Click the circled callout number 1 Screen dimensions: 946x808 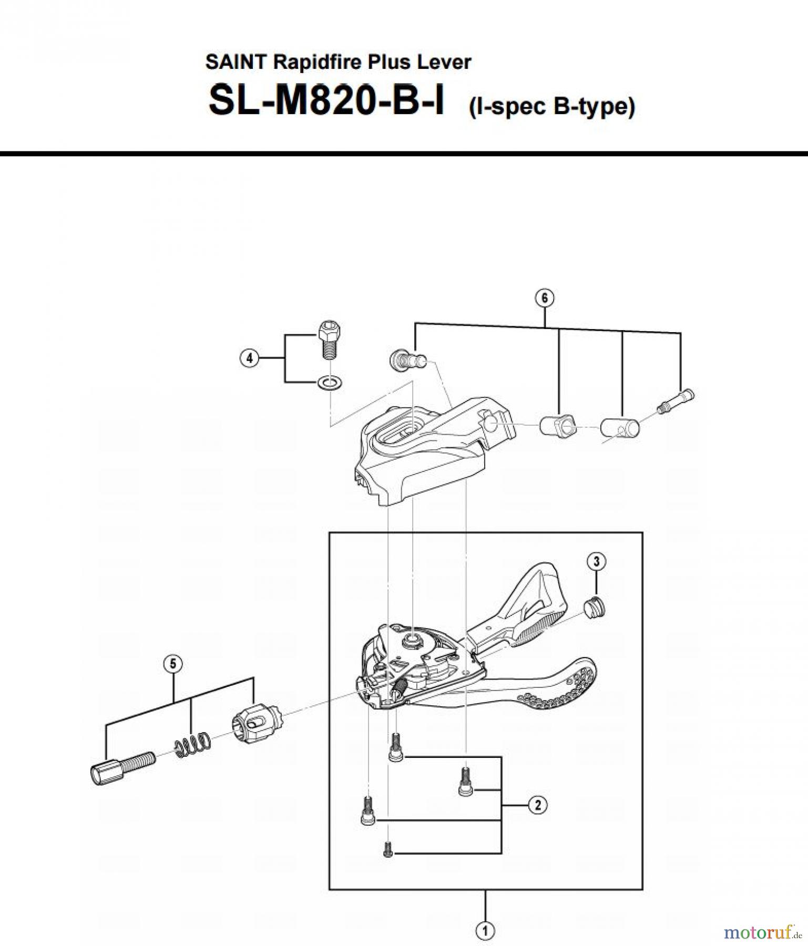tap(485, 931)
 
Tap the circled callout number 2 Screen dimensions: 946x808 tap(538, 805)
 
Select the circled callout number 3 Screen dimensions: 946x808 tap(596, 561)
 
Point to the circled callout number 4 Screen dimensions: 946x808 tap(249, 358)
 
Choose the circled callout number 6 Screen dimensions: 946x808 tap(544, 298)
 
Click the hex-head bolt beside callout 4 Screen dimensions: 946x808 tap(329, 338)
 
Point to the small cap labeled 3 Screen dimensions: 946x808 tap(595, 609)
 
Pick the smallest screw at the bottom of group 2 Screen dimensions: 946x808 tap(388, 848)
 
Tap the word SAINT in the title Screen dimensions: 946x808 tap(237, 62)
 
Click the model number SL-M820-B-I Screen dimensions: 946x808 tap(326, 101)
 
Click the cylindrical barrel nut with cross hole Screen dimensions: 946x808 tap(620, 427)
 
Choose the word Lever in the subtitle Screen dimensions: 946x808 tap(444, 62)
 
